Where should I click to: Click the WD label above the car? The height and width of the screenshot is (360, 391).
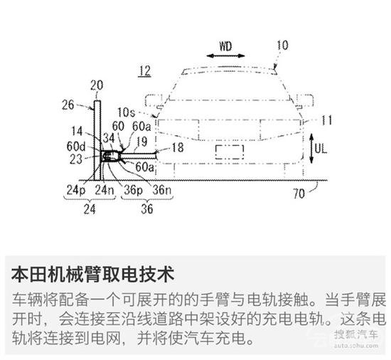(x=225, y=46)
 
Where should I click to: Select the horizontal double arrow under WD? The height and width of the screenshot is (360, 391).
(x=225, y=56)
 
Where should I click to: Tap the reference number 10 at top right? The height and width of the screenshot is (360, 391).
(x=282, y=46)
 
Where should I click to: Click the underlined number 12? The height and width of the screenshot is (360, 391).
(x=145, y=71)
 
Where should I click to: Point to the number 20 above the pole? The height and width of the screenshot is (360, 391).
(x=97, y=85)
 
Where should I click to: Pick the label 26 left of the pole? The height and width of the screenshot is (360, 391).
(x=68, y=105)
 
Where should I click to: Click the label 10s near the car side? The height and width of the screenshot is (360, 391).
(x=126, y=112)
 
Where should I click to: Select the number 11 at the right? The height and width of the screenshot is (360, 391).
(x=327, y=120)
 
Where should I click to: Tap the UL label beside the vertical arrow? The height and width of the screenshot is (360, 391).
(x=321, y=149)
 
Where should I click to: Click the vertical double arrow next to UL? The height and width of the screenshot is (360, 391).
(x=311, y=149)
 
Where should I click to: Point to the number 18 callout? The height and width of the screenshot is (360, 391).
(x=178, y=147)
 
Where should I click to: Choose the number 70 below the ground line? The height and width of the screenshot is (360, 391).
(x=299, y=194)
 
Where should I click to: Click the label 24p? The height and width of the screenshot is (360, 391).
(x=76, y=190)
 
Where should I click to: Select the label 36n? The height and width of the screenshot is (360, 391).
(x=162, y=190)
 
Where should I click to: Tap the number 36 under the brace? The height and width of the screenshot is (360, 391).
(x=147, y=208)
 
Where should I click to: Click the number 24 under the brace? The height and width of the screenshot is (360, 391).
(x=90, y=209)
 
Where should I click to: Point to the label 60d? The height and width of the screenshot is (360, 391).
(x=76, y=147)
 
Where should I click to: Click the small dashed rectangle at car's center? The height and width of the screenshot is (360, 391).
(x=230, y=152)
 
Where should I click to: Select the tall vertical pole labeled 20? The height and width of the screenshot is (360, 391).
(x=97, y=140)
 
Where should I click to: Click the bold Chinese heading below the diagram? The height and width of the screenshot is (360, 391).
(x=92, y=275)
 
